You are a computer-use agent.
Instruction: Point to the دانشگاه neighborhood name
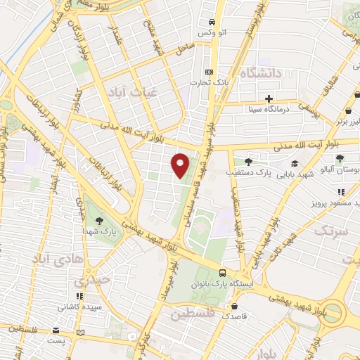click(x=259, y=72)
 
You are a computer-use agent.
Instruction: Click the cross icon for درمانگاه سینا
click(x=269, y=98)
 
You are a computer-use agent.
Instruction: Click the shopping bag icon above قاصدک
click(x=234, y=307)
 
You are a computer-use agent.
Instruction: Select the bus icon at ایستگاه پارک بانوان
click(x=222, y=274)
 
